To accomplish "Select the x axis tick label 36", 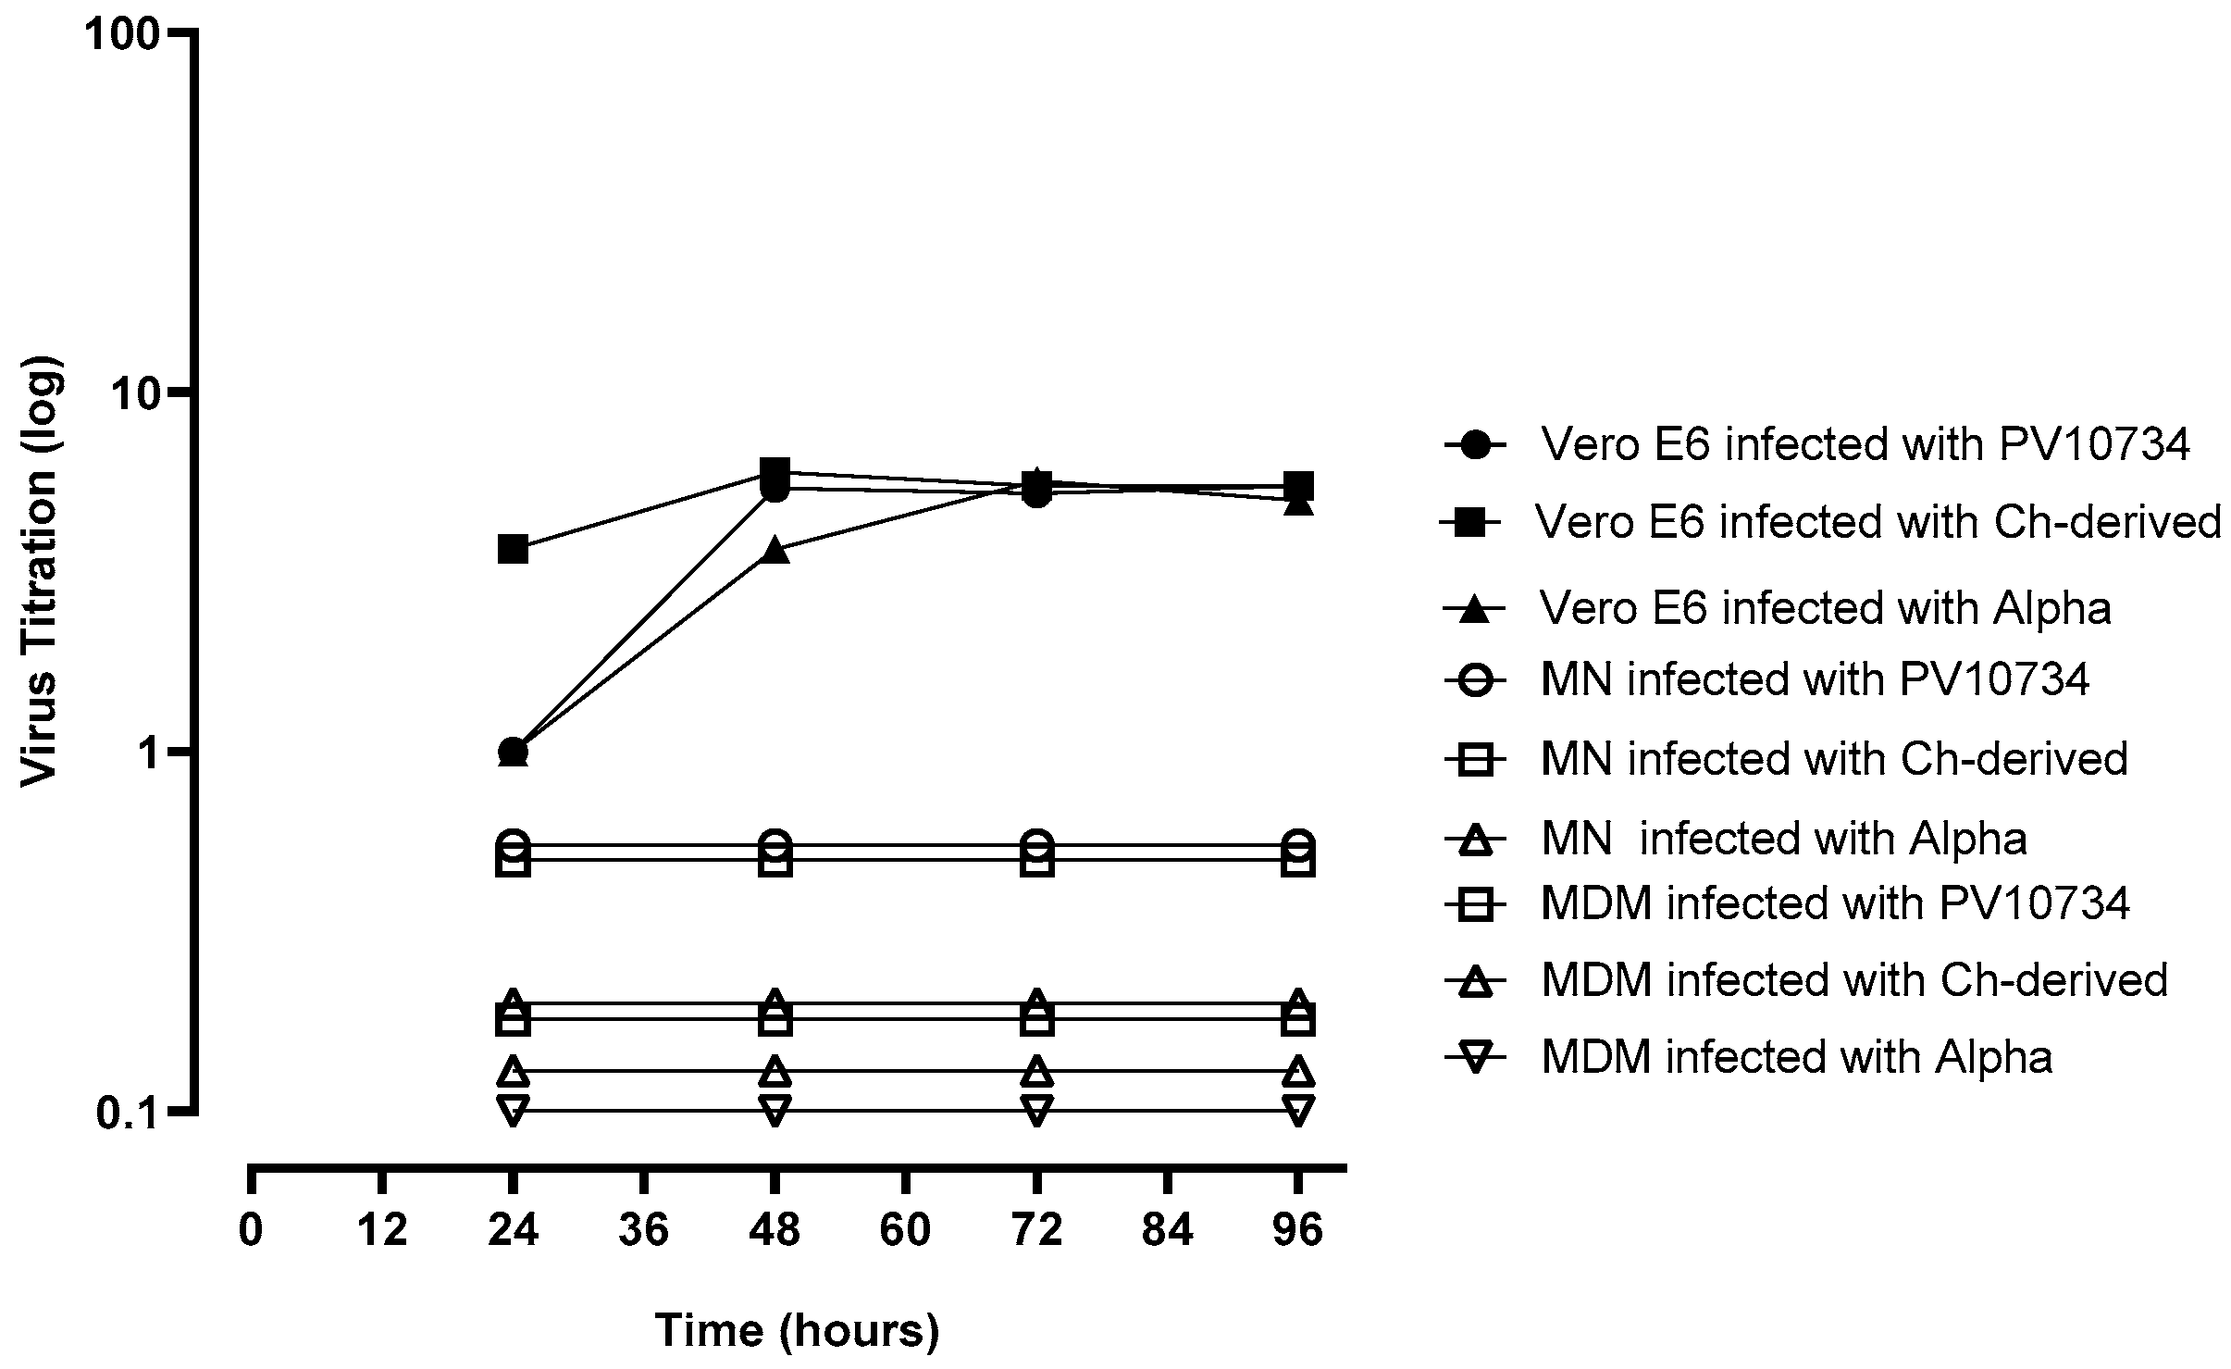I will pos(644,1231).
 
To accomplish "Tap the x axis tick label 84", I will pos(1169,1231).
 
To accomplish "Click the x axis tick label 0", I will pos(251,1231).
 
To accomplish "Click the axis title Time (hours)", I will pos(798,1330).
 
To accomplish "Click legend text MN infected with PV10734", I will pos(1815,680).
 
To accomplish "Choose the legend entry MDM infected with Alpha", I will pos(1796,1056).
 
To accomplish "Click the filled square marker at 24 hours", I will pos(513,549).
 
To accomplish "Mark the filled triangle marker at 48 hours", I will pos(775,550).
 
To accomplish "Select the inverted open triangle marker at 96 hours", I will pos(1299,1110).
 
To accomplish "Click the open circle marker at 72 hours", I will pos(1037,845).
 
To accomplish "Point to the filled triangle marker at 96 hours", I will pos(1299,503).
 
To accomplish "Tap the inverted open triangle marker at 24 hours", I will pos(513,1110).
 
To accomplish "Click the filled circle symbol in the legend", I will pos(1477,445).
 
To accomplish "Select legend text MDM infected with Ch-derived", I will pos(1853,979).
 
